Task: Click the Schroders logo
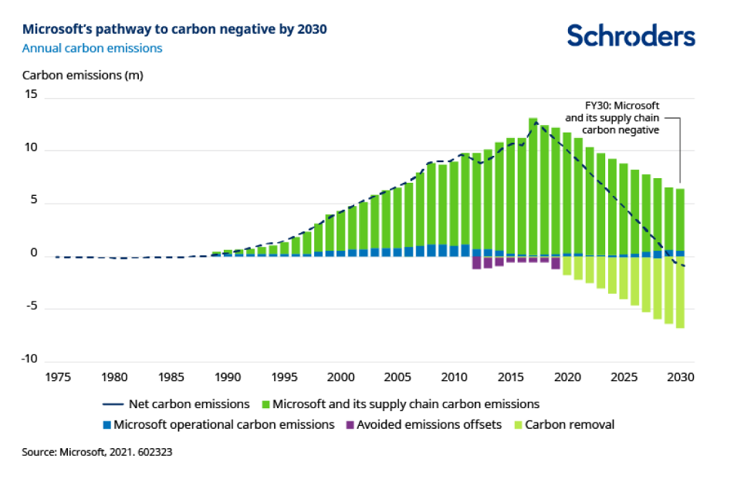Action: click(x=631, y=35)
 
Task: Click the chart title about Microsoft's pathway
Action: click(x=174, y=29)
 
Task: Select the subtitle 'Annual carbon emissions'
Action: click(x=92, y=48)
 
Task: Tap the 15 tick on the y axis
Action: click(x=30, y=94)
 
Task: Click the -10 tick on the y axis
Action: click(x=29, y=359)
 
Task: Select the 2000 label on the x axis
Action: click(x=340, y=377)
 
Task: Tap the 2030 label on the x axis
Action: click(x=681, y=377)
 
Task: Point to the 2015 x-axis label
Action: click(x=510, y=377)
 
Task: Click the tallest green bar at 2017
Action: click(x=533, y=185)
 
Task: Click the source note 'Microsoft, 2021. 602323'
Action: click(x=96, y=453)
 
